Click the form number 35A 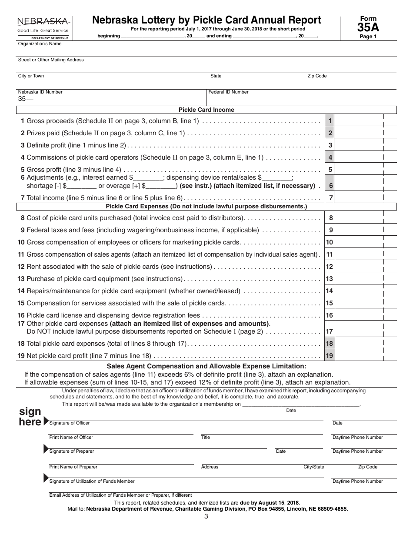[x=368, y=27]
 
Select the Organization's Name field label [x=40, y=44]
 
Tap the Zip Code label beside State [x=317, y=76]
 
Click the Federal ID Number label [x=229, y=92]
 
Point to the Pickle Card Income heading [x=206, y=110]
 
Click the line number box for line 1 [x=330, y=121]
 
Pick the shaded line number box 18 [x=330, y=344]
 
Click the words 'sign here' [x=30, y=417]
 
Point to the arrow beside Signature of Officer [x=46, y=421]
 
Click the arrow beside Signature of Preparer [x=46, y=449]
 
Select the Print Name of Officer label [x=71, y=438]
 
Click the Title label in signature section [x=206, y=438]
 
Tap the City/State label [x=313, y=467]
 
